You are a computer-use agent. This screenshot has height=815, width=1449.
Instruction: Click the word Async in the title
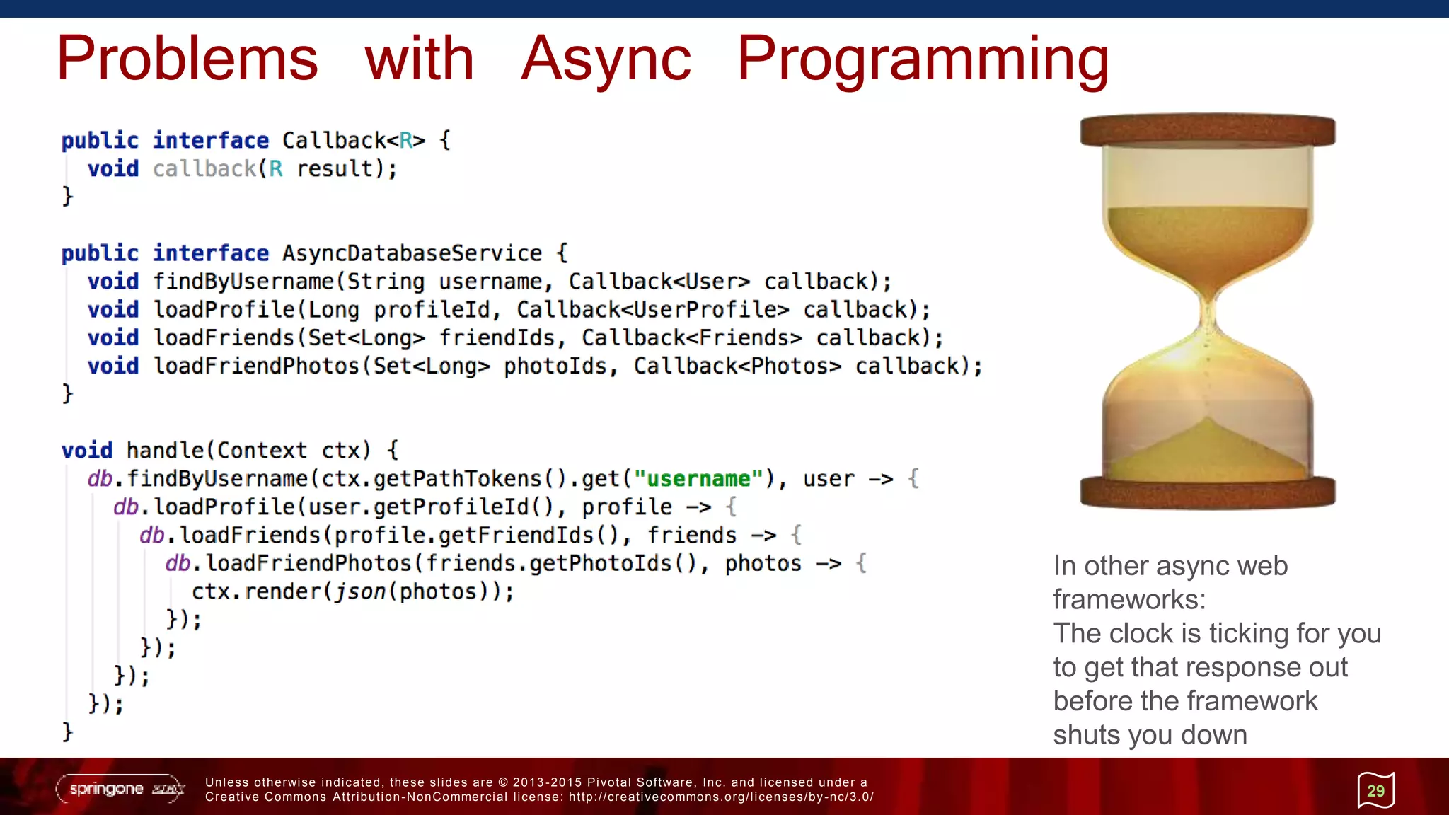pos(606,59)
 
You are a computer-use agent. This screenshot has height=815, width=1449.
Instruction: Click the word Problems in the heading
pos(187,59)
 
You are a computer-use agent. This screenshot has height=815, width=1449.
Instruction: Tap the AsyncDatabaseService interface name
pos(412,253)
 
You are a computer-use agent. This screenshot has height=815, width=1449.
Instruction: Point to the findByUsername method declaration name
pos(243,282)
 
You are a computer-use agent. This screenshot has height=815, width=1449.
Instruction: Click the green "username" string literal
pos(698,479)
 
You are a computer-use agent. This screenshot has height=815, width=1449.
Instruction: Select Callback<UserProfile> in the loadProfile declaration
pos(652,310)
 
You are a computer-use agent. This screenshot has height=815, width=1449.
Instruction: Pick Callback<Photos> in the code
pos(737,366)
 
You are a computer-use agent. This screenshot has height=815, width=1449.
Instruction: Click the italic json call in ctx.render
pos(360,591)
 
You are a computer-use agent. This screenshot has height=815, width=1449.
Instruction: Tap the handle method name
pos(165,451)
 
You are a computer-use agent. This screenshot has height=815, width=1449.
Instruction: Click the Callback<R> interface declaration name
pos(353,141)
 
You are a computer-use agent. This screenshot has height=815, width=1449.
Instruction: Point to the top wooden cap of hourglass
pos(1207,131)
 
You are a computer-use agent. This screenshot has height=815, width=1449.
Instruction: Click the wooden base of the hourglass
pos(1207,492)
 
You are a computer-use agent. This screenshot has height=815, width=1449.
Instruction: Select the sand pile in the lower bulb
pos(1207,453)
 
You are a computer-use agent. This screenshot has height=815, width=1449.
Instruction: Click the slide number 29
pos(1375,791)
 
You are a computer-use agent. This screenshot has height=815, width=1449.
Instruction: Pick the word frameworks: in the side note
pos(1129,600)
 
